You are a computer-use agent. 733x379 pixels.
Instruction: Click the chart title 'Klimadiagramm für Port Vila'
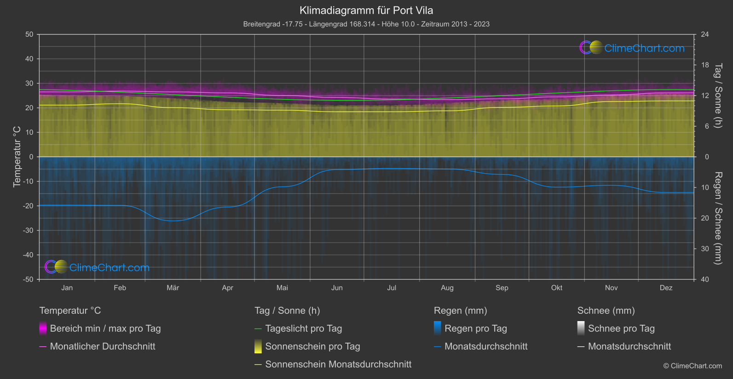click(x=366, y=11)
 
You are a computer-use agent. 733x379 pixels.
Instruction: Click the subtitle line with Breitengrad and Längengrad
click(x=366, y=24)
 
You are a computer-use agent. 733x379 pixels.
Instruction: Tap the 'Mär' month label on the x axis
click(x=173, y=288)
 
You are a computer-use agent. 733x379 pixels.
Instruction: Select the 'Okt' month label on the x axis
click(x=557, y=288)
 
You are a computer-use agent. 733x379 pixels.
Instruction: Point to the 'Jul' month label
click(x=392, y=288)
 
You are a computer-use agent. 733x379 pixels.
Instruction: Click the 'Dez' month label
click(x=666, y=288)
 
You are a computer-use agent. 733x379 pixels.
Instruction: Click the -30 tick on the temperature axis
click(x=28, y=231)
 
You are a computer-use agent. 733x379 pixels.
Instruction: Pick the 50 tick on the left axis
click(x=29, y=34)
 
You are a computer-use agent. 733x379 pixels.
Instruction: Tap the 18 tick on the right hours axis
click(x=705, y=65)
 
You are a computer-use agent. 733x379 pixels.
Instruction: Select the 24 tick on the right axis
click(x=705, y=34)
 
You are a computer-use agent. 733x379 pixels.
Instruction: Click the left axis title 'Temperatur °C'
click(x=17, y=157)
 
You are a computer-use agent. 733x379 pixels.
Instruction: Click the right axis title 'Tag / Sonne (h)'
click(x=718, y=96)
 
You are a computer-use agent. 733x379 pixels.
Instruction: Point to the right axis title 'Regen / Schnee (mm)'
click(x=718, y=218)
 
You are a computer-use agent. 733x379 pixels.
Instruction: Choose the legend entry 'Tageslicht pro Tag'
click(x=304, y=328)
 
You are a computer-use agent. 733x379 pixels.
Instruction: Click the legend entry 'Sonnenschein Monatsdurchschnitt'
click(x=338, y=364)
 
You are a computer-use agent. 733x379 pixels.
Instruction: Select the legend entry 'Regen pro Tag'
click(x=476, y=328)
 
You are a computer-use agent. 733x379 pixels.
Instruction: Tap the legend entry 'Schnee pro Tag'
click(x=621, y=328)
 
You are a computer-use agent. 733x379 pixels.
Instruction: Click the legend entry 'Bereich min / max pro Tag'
click(x=105, y=328)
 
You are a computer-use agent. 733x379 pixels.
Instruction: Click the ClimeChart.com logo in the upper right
click(x=632, y=48)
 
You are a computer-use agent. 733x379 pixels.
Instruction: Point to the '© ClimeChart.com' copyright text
click(x=693, y=366)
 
